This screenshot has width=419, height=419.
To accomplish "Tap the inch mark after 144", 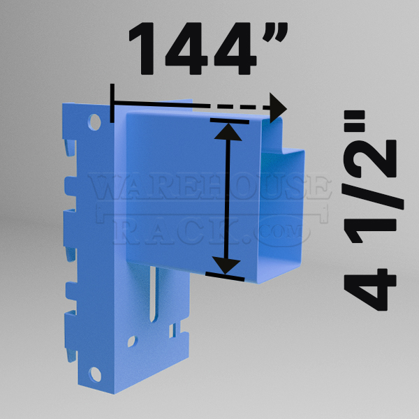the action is click(275, 32).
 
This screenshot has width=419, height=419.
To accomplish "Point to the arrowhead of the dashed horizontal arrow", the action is click(278, 108).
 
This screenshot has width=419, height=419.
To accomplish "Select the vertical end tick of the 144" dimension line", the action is click(112, 103).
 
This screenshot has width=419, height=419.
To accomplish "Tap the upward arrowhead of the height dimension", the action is click(228, 132).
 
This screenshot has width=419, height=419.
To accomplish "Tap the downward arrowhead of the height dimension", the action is click(226, 265).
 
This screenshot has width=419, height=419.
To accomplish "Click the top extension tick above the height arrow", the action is click(230, 121).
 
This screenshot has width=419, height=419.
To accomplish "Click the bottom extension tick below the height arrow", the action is click(225, 277).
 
